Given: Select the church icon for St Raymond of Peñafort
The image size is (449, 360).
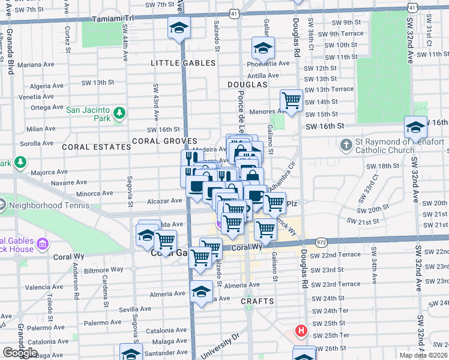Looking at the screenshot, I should pos(346,145).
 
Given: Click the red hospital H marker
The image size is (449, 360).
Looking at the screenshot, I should pos(301,331).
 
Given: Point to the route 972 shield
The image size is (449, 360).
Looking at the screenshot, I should pos(320,242).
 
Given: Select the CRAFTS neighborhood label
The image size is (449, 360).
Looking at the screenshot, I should pos(258,301).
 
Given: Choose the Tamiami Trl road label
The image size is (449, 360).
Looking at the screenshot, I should pos(116,19).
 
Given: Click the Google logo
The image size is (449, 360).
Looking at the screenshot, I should pos(20,352).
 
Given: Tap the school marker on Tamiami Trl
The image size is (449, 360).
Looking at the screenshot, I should pos(178,29).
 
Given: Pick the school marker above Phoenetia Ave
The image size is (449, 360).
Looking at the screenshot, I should pos(262,47).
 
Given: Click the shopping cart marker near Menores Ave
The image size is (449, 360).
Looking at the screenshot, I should pos(291,100).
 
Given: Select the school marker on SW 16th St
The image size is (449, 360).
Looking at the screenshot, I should pos(415,127).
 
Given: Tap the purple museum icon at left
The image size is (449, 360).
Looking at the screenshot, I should pos(42,244).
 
